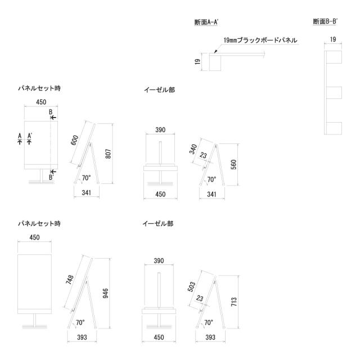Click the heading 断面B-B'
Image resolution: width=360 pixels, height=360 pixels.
[325, 22]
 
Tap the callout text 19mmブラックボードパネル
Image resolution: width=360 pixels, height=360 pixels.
[260, 40]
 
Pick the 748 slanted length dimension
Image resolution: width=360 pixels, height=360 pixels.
[70, 280]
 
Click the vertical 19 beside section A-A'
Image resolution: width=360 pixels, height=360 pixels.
[198, 62]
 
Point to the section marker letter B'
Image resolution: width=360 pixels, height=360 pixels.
[51, 177]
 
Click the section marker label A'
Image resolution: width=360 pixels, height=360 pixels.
[30, 136]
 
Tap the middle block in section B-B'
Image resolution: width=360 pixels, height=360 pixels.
[334, 93]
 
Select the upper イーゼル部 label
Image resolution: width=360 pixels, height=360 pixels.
[159, 89]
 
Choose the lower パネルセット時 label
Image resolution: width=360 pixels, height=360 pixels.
[38, 223]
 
